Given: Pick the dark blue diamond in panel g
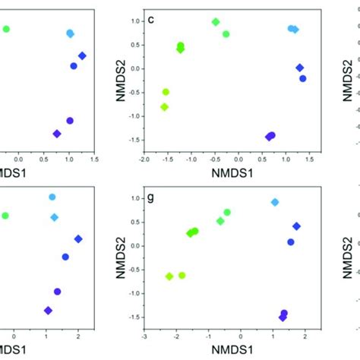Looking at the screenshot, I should [x=296, y=226].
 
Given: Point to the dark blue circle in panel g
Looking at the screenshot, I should [x=291, y=242].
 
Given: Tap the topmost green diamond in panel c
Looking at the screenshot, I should [x=216, y=22].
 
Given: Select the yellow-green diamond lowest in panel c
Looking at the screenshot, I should [x=164, y=107].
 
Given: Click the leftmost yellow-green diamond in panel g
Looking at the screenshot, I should [x=169, y=276].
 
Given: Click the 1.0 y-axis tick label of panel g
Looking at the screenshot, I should [x=134, y=198].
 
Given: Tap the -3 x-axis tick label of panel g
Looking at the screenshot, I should [x=144, y=336].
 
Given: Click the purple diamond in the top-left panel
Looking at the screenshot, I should [x=56, y=134].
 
